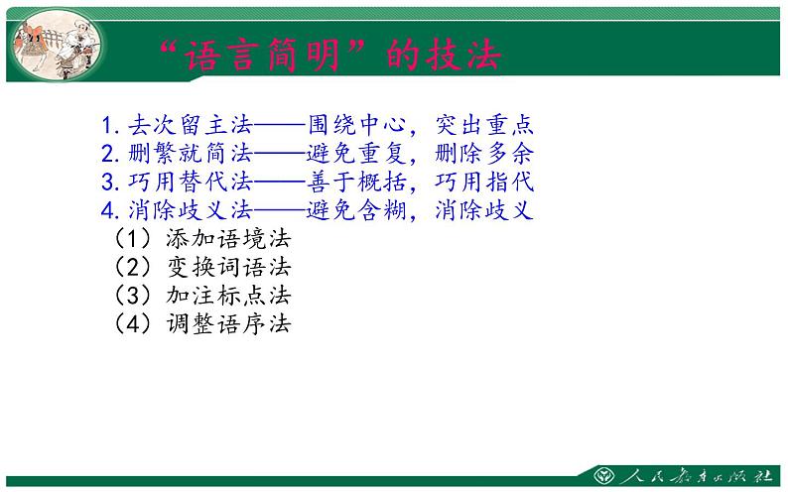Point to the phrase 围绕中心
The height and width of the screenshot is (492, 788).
point(356,126)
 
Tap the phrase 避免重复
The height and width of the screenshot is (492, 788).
point(356,155)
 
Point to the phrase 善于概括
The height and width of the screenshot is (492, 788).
point(356,184)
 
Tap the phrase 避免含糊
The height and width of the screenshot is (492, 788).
point(356,211)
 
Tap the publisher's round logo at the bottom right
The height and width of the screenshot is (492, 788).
point(603,473)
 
